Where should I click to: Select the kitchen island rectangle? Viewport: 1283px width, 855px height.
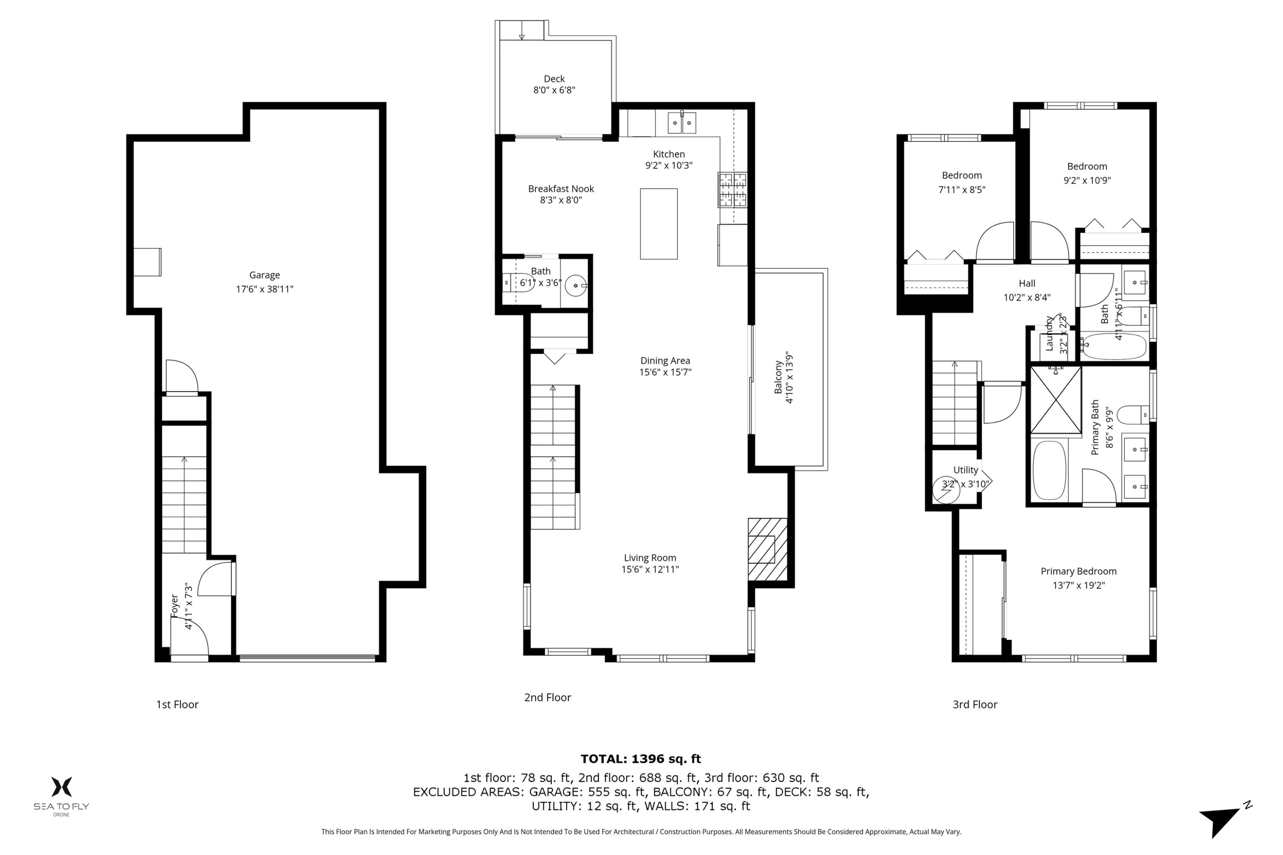tap(659, 224)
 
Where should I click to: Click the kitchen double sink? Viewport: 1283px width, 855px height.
tap(682, 123)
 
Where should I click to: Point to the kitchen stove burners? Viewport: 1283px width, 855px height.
tap(732, 190)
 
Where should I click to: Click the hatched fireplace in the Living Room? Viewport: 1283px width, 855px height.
tap(767, 549)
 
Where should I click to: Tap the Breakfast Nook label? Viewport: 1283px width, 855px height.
tap(560, 189)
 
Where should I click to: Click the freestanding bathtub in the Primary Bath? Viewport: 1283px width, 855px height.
tap(1049, 470)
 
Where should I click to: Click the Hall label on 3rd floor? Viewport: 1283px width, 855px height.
tap(1027, 283)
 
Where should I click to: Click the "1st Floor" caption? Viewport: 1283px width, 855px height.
tap(177, 705)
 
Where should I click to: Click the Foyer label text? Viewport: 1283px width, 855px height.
tap(174, 606)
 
